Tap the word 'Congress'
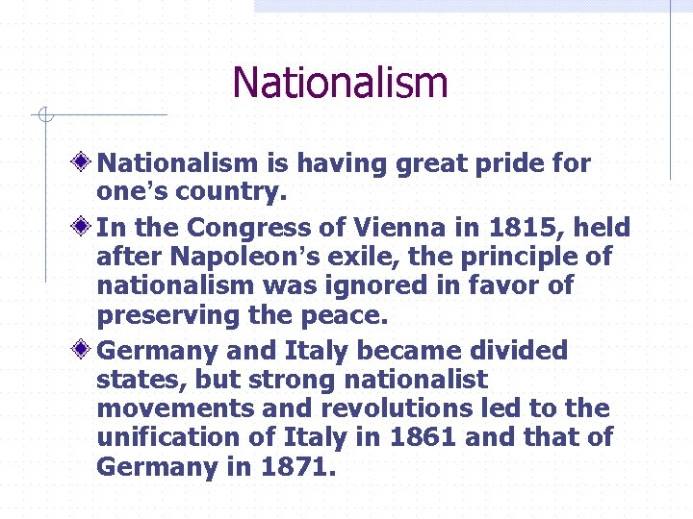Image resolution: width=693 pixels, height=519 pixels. (248, 228)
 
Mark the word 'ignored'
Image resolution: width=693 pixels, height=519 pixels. (369, 285)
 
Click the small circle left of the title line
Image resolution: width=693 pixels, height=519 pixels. (43, 116)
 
